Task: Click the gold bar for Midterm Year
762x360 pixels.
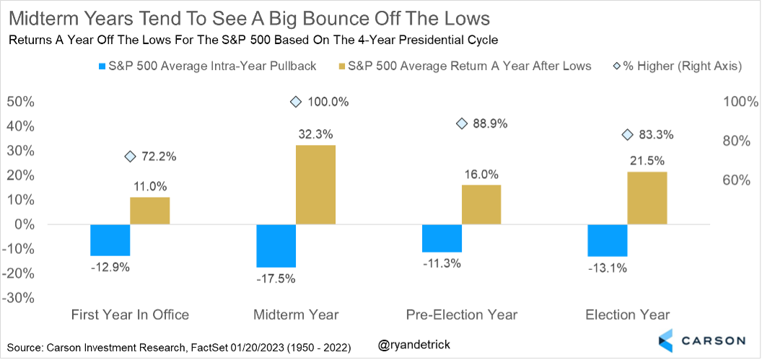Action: [x=315, y=185]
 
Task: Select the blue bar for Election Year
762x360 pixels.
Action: [x=608, y=240]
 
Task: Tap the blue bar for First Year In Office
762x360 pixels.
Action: [x=110, y=240]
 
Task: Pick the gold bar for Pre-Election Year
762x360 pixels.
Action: [x=481, y=204]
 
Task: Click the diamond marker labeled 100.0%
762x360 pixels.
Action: [x=295, y=102]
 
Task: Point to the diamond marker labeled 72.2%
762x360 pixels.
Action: [x=130, y=157]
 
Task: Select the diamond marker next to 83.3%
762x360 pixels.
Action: [x=627, y=135]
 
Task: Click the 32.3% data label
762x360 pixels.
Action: [x=315, y=133]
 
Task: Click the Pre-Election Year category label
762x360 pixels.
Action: [x=461, y=315]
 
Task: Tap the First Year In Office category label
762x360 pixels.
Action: [x=130, y=315]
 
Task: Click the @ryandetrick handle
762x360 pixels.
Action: [x=414, y=346]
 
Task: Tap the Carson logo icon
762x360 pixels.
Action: [x=666, y=341]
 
